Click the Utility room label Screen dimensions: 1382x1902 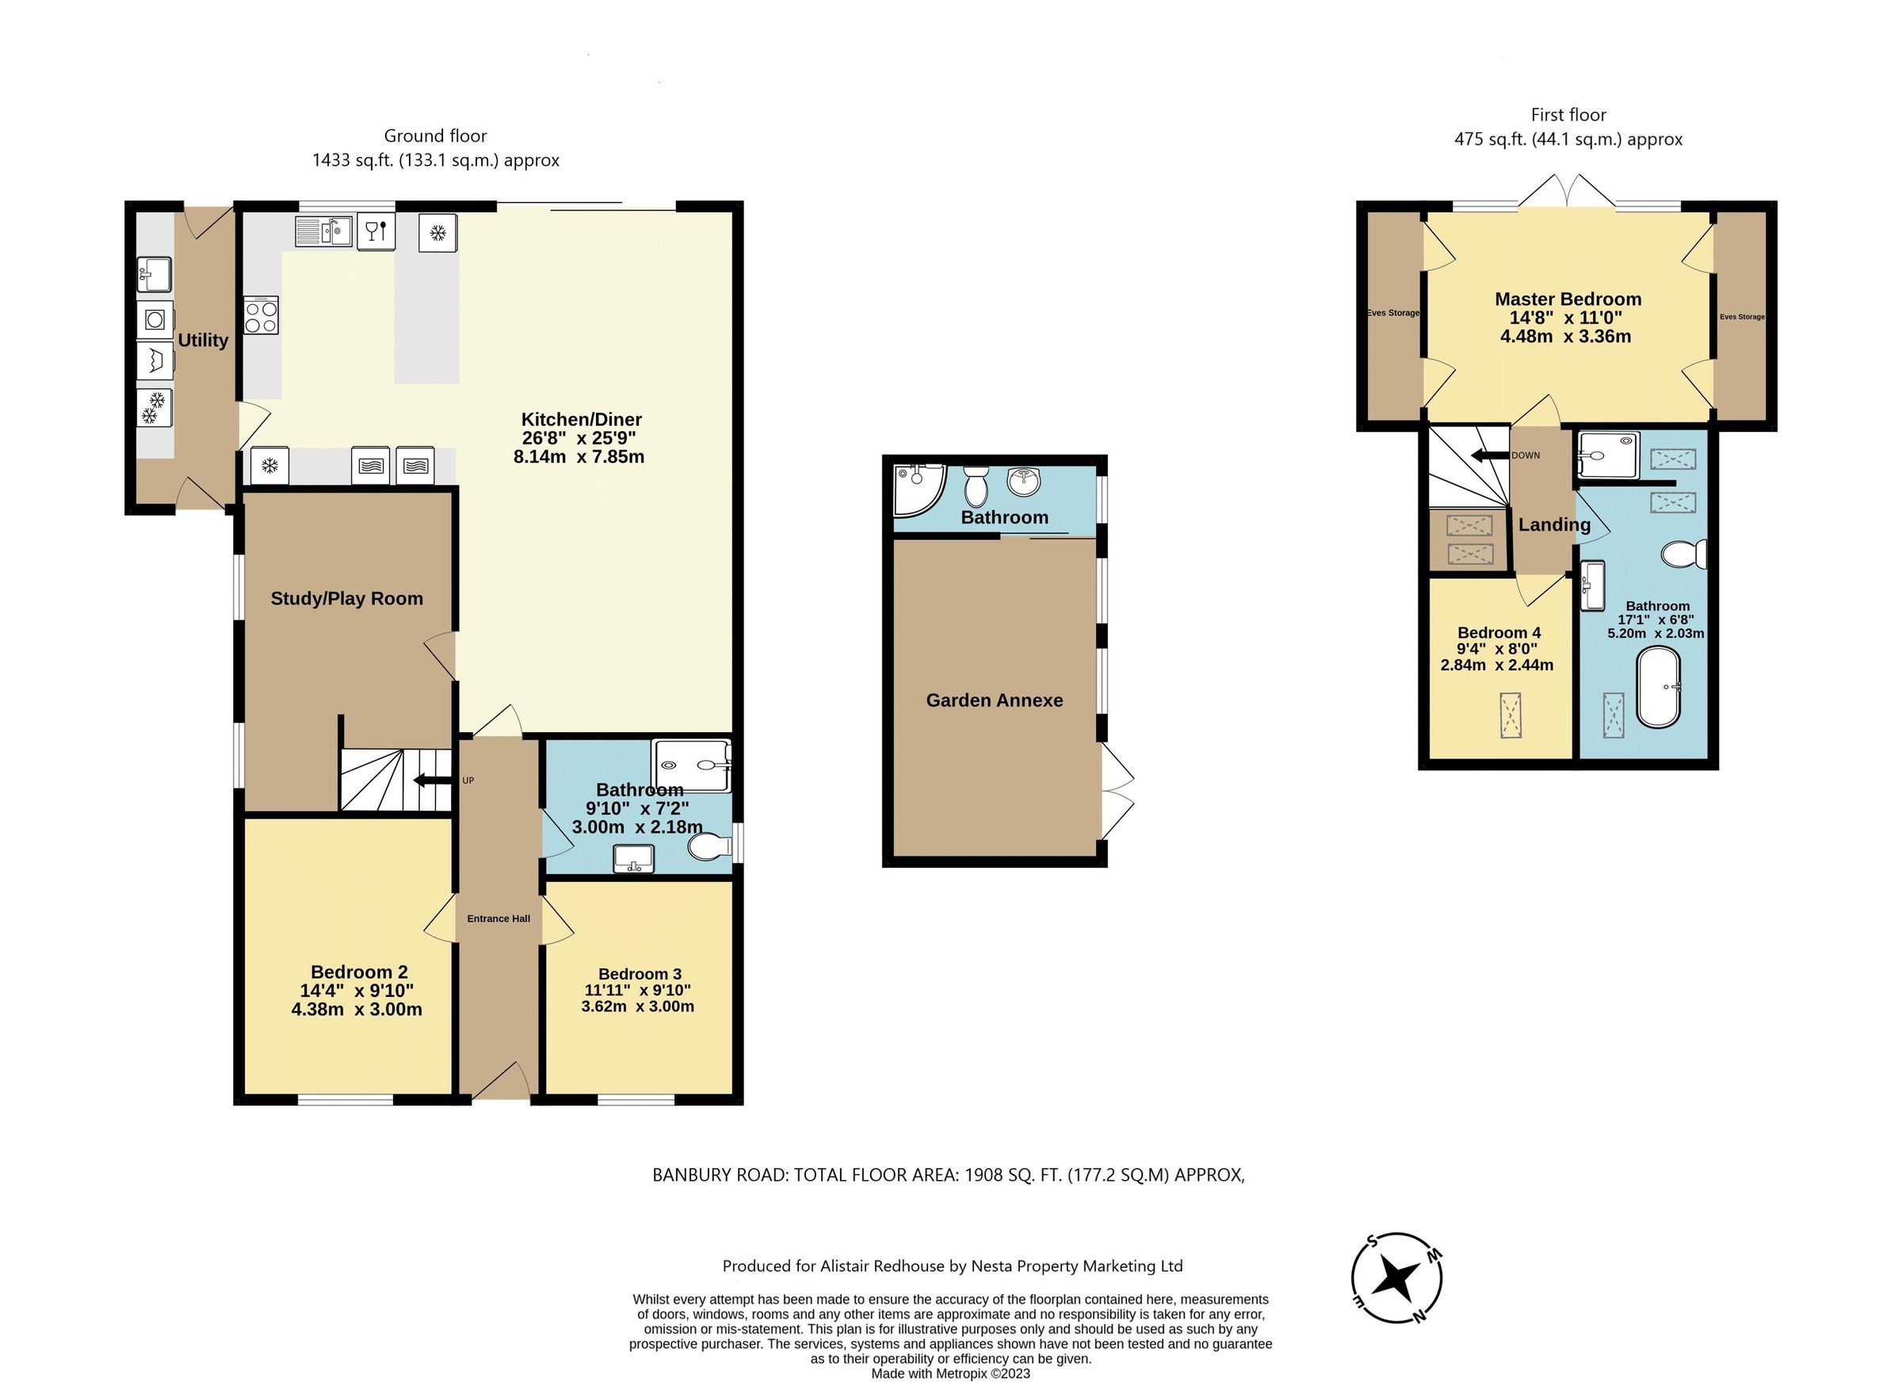pyautogui.click(x=203, y=341)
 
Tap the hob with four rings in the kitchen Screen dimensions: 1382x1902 pyautogui.click(x=261, y=316)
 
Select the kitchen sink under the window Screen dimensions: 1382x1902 pyautogui.click(x=323, y=231)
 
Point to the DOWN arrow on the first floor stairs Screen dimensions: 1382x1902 pyautogui.click(x=1489, y=456)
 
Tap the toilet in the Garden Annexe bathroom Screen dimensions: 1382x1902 pyautogui.click(x=976, y=486)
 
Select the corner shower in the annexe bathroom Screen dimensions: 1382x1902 pyautogui.click(x=916, y=489)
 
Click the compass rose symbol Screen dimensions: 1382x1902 pyautogui.click(x=1396, y=1279)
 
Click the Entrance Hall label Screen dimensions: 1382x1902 pyautogui.click(x=498, y=918)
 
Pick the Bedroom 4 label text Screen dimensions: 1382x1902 pyautogui.click(x=1499, y=632)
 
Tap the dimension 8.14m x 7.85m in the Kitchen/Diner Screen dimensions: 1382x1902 pyautogui.click(x=579, y=457)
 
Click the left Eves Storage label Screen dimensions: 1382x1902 pyautogui.click(x=1393, y=313)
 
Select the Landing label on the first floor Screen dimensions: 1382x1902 pyautogui.click(x=1554, y=525)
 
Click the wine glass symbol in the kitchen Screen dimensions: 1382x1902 pyautogui.click(x=376, y=231)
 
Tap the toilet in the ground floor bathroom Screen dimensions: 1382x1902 pyautogui.click(x=706, y=848)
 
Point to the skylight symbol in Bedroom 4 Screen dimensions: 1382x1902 pyautogui.click(x=1511, y=716)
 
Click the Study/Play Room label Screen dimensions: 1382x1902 pyautogui.click(x=346, y=599)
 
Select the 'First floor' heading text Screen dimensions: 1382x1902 pyautogui.click(x=1568, y=115)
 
